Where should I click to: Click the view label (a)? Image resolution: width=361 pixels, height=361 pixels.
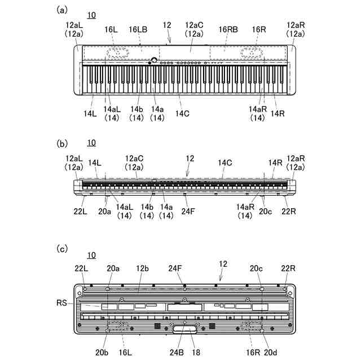point(63,10)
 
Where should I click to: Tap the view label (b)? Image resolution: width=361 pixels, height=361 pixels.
point(63,143)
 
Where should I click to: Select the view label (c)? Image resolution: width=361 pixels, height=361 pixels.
point(63,248)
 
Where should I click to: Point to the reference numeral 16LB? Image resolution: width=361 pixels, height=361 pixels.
point(138,29)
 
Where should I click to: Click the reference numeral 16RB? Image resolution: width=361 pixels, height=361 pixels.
point(228,29)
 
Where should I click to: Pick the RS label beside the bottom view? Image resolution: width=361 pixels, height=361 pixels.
point(61,303)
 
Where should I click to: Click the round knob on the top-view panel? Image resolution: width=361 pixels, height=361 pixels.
point(153,60)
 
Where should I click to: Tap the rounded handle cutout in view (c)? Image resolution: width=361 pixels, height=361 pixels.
point(184,329)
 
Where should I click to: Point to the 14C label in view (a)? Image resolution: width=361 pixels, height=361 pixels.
point(182,113)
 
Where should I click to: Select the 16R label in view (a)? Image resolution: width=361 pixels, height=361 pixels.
point(259,29)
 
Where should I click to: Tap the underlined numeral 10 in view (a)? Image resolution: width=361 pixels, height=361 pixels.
point(92,14)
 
